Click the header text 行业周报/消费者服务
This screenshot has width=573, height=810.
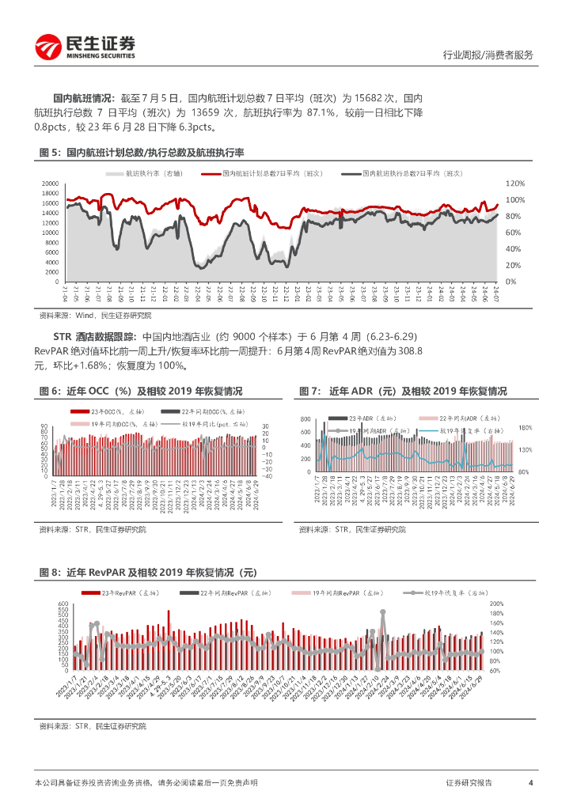tap(487, 55)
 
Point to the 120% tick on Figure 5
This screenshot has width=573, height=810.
tap(515, 184)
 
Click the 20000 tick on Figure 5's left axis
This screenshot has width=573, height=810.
tap(49, 184)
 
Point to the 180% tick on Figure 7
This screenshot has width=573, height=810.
tap(526, 428)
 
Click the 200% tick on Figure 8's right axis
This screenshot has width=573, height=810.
tap(518, 604)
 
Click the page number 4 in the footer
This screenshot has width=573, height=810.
tap(529, 782)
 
